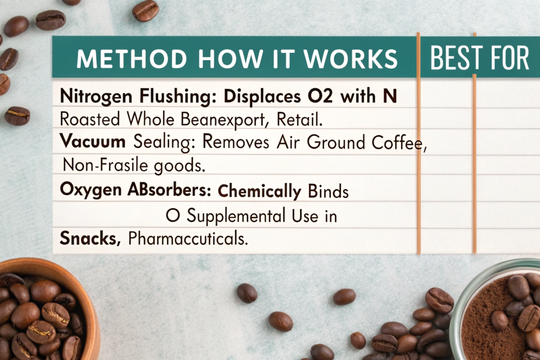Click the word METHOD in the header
(x=131, y=59)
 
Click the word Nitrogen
(x=96, y=96)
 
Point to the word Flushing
(x=178, y=96)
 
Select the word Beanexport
(x=225, y=120)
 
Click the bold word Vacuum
(x=93, y=141)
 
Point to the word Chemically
(x=259, y=191)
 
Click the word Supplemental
(x=236, y=217)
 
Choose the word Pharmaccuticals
(x=188, y=238)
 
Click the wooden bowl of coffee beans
(x=41, y=310)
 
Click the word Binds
(x=328, y=191)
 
